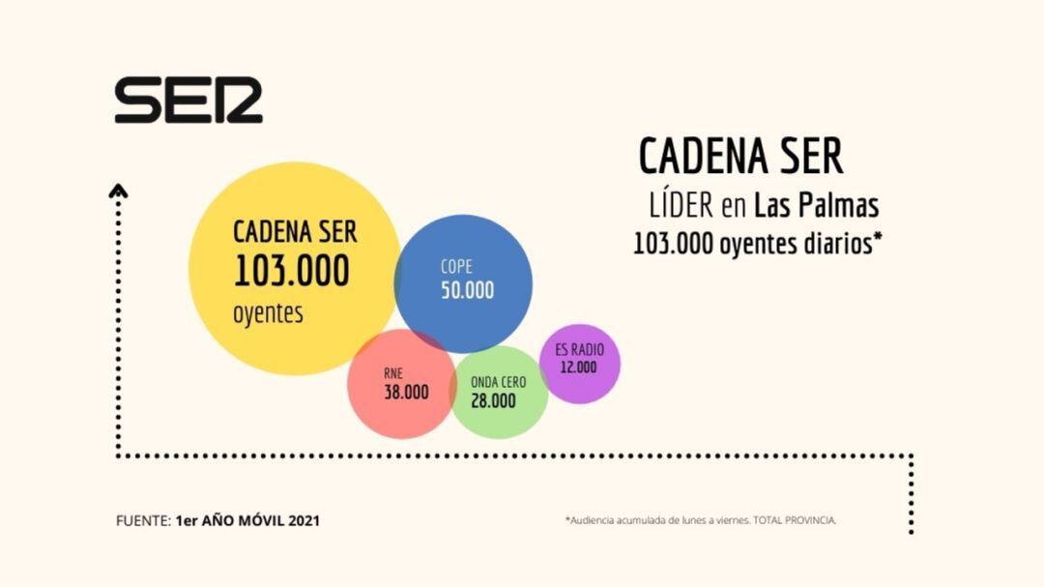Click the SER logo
coord(188,101)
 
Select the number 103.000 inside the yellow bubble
coord(291,273)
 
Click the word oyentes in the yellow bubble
coord(268,313)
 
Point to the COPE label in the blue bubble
coord(456,266)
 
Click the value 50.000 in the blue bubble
coord(467,290)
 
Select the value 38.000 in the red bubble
coord(406,393)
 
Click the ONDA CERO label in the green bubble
coord(498,382)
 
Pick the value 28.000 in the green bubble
coord(493,400)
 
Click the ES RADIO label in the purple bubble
coord(580,350)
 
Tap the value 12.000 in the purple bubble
coord(578,367)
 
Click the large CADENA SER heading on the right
coord(740,156)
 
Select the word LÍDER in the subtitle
coord(681,206)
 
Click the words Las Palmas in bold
coord(817,206)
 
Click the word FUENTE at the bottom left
coord(142,520)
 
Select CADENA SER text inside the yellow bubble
coord(295,232)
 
